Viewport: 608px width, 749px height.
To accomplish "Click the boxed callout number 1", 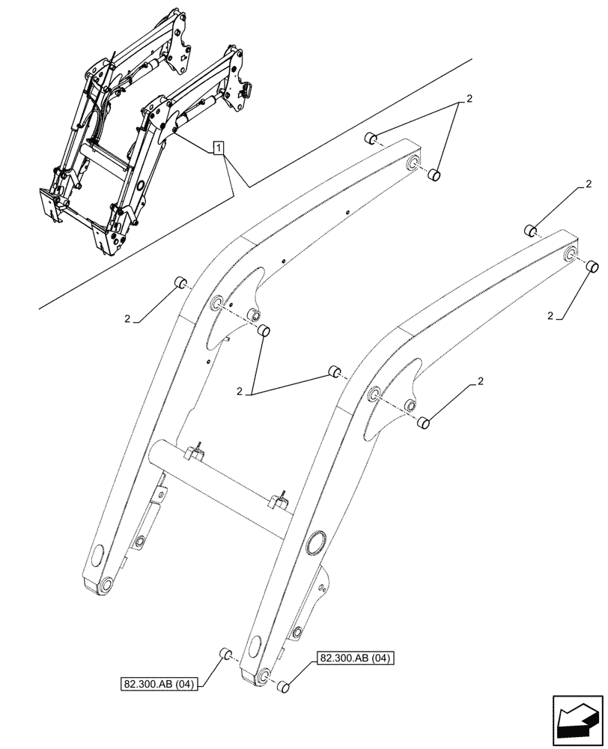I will pyautogui.click(x=217, y=148).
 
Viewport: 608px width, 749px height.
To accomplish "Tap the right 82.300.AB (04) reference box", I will pyautogui.click(x=356, y=658).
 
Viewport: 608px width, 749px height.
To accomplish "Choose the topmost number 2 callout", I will pyautogui.click(x=469, y=99).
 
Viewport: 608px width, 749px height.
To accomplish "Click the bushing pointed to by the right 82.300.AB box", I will pyautogui.click(x=284, y=687).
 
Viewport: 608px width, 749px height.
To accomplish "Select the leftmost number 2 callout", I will pyautogui.click(x=128, y=319).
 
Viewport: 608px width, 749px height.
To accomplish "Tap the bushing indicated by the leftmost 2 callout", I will pyautogui.click(x=180, y=282).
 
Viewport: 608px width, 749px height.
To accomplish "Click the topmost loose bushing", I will pyautogui.click(x=369, y=138).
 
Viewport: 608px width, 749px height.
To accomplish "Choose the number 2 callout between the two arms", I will pyautogui.click(x=240, y=391).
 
